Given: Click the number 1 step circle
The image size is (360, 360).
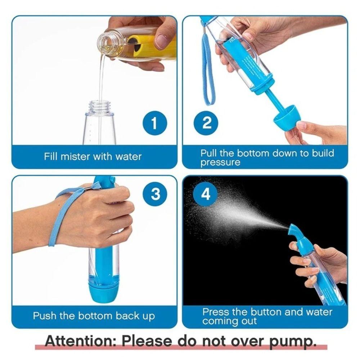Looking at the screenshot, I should click(154, 123).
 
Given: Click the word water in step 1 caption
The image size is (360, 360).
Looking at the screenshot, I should click(128, 157).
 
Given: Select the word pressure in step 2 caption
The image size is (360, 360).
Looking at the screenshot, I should click(220, 162).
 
